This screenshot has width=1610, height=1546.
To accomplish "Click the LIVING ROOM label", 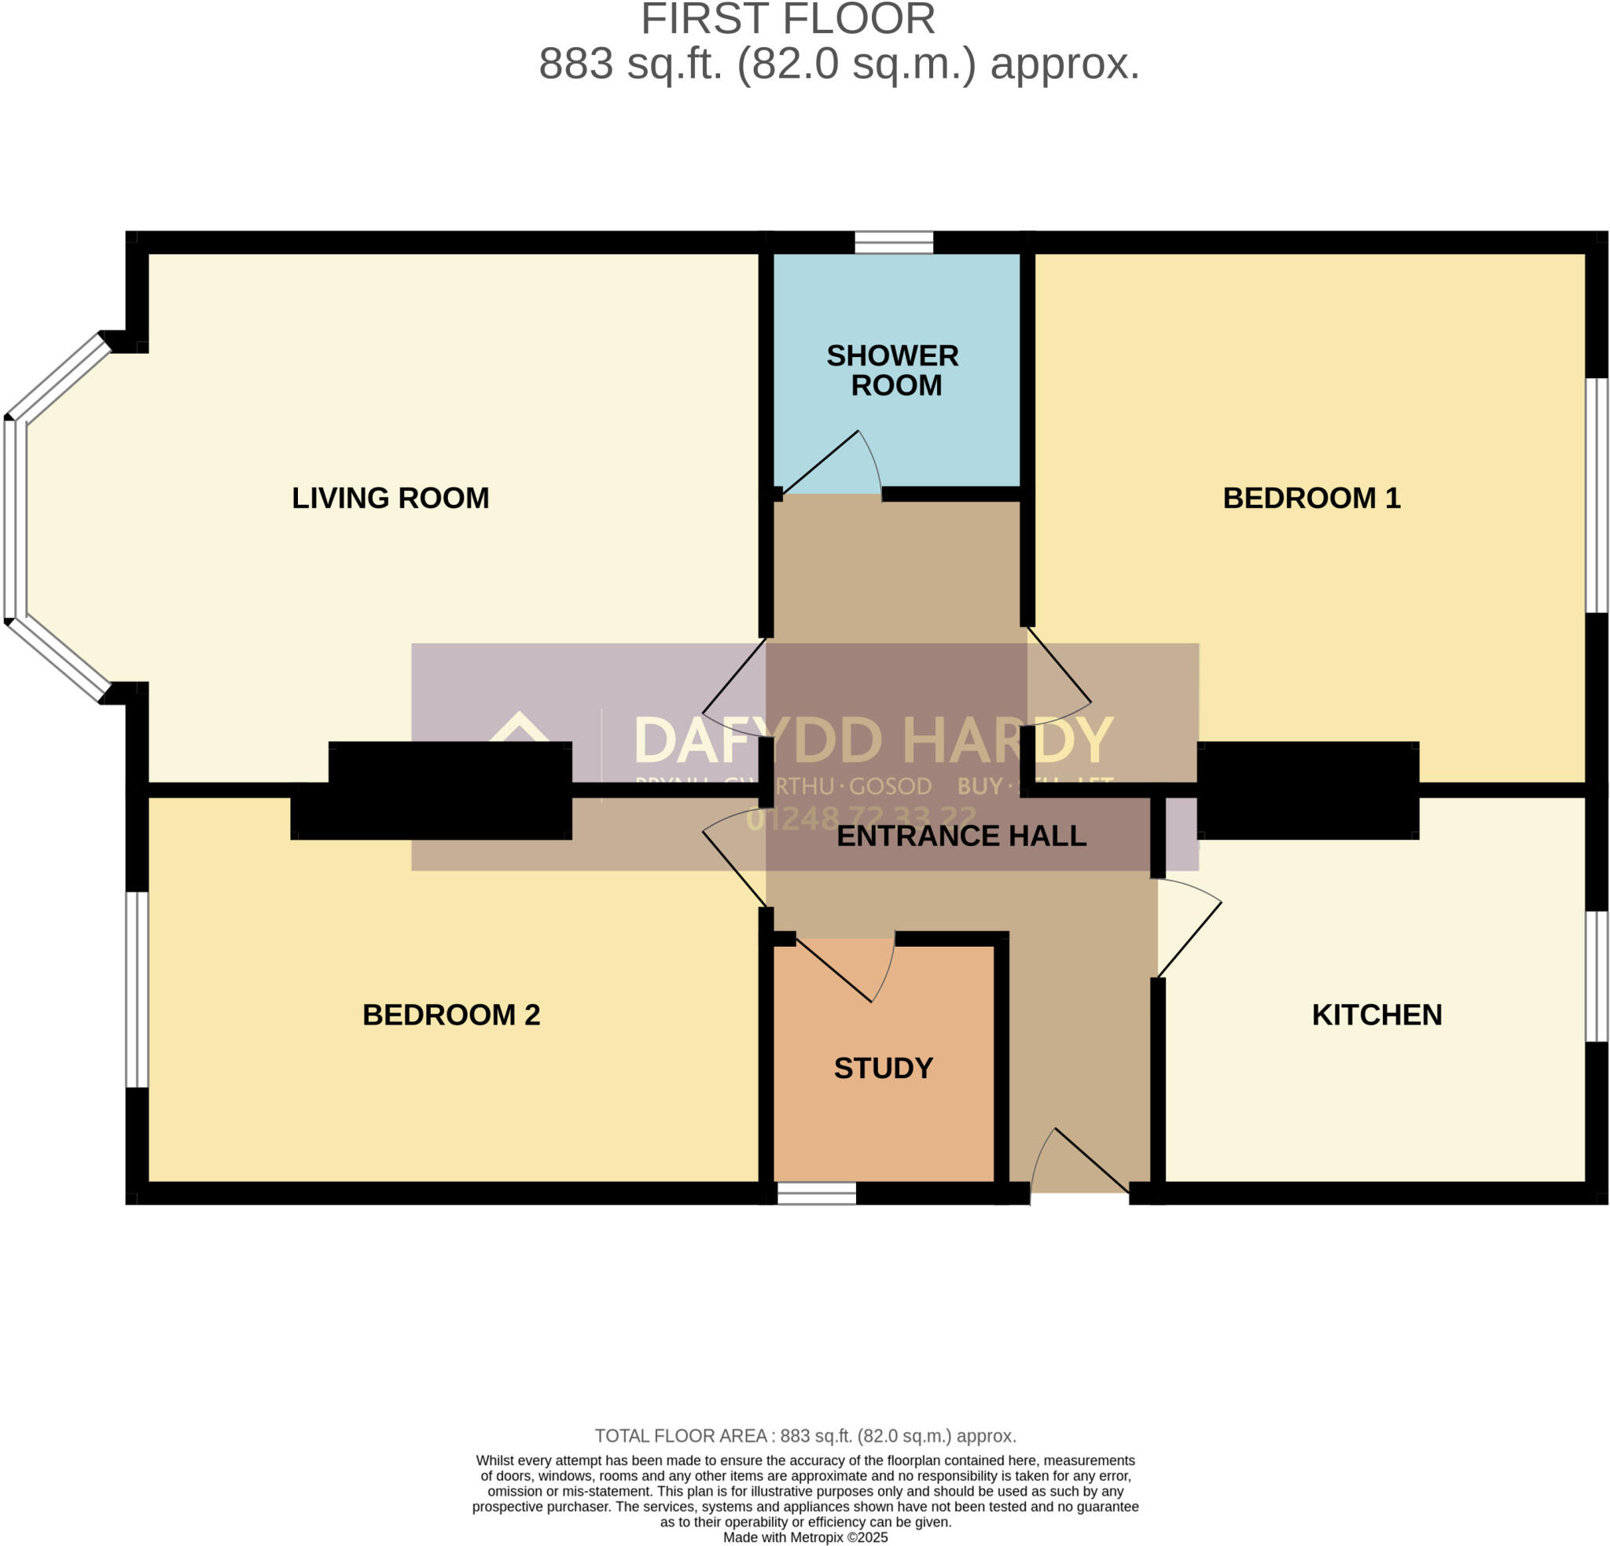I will coord(390,498).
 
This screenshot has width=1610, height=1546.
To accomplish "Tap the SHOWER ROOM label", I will coord(893,370).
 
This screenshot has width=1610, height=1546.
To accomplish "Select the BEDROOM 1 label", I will coord(1311,498).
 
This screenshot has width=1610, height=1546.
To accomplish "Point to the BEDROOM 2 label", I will coord(451,1014).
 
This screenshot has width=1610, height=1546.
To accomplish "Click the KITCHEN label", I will coord(1377,1014).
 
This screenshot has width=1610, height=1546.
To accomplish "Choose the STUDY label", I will coord(883,1068).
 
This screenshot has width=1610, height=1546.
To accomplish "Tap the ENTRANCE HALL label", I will coord(961,835).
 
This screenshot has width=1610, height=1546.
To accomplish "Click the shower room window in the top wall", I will coord(894,242).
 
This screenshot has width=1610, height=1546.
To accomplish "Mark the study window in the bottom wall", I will coord(817,1194).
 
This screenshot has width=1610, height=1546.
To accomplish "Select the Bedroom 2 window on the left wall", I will coord(137,989).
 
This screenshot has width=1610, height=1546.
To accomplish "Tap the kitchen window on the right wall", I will coord(1596,976).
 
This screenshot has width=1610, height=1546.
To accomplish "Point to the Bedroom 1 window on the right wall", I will coord(1596,495).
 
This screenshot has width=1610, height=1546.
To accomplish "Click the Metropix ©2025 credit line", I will coord(805,1537).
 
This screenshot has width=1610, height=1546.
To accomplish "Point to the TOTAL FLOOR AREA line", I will coord(805,1436).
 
